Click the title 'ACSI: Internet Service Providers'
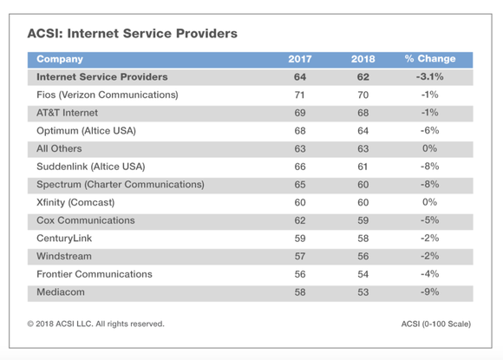(134, 34)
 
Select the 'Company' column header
(60, 59)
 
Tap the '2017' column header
(300, 59)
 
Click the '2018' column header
(363, 59)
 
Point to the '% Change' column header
(429, 59)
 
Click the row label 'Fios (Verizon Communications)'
(107, 95)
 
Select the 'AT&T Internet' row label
(68, 113)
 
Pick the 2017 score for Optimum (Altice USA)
(300, 130)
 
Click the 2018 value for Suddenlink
(363, 167)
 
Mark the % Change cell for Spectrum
(429, 185)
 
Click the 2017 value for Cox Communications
(300, 220)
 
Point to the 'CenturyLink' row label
(64, 239)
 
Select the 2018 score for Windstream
(363, 257)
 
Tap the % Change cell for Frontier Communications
(429, 274)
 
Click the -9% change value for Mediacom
(429, 292)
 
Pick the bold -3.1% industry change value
(429, 76)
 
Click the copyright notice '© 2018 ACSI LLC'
(95, 324)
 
